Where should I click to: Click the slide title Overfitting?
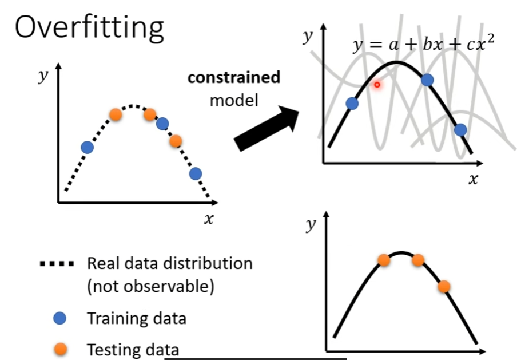click(89, 27)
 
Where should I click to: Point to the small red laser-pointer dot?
click(377, 85)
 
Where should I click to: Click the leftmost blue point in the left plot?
click(87, 147)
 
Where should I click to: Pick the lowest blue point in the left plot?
click(196, 173)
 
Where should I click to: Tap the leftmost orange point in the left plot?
click(116, 114)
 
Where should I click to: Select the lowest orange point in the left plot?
click(176, 140)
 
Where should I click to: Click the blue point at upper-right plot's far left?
click(352, 104)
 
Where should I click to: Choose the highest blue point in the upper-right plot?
click(427, 80)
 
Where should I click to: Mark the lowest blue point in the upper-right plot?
click(461, 130)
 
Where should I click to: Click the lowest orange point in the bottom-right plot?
click(444, 286)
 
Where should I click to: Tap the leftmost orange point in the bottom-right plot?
click(384, 260)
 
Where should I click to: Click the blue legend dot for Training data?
click(59, 318)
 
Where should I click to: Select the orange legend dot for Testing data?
click(59, 349)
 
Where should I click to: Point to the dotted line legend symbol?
click(57, 264)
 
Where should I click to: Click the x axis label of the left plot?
click(209, 219)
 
